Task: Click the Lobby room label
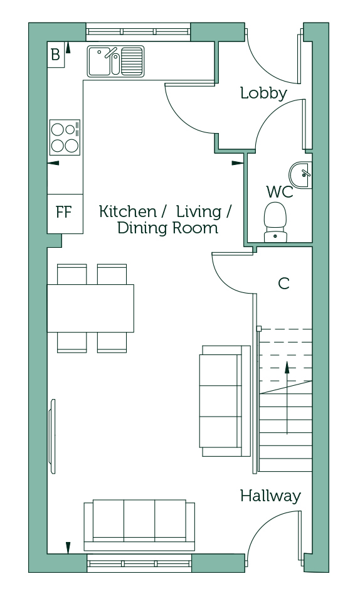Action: tap(263, 93)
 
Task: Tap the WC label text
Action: tap(280, 192)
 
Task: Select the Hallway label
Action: tap(270, 496)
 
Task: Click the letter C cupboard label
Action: tap(283, 283)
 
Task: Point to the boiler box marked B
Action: tap(56, 55)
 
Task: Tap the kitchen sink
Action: tap(115, 61)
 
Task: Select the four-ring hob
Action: tap(65, 137)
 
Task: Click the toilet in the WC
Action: tap(275, 222)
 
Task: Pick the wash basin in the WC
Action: tap(301, 174)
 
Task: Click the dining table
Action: tap(90, 308)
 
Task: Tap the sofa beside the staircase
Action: tap(225, 401)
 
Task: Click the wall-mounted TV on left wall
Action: tap(53, 436)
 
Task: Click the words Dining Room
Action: tap(167, 228)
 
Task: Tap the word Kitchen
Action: tap(128, 211)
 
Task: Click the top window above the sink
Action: tap(138, 31)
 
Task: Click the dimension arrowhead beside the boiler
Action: tap(68, 47)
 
